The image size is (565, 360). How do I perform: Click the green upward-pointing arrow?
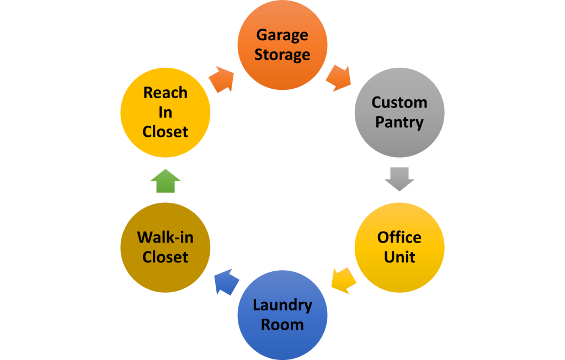click(165, 181)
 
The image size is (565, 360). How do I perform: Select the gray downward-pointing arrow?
click(399, 179)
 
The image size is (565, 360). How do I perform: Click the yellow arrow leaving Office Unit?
click(343, 280)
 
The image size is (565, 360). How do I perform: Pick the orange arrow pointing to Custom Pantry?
click(338, 79)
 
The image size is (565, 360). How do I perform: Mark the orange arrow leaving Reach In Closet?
click(221, 79)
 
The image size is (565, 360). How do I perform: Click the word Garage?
click(282, 36)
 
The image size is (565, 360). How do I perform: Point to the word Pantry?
click(399, 122)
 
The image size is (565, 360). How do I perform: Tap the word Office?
click(399, 238)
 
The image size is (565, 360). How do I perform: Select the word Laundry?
click(282, 305)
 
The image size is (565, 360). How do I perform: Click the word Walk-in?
click(165, 238)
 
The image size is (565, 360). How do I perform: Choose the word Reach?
click(165, 93)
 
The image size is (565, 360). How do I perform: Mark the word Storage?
click(282, 55)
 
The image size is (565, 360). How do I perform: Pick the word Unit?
click(399, 257)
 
